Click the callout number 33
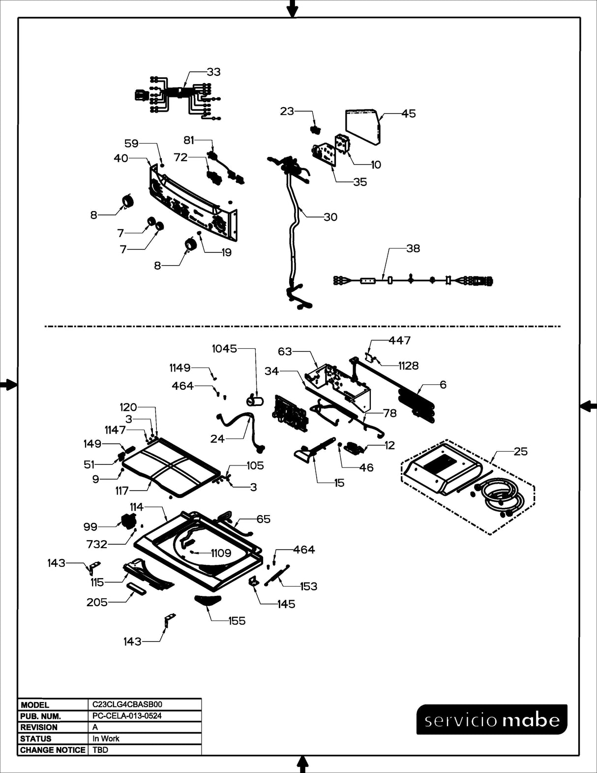(x=213, y=72)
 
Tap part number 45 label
(x=408, y=114)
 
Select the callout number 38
(x=413, y=248)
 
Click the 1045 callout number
(x=224, y=349)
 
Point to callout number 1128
(x=408, y=366)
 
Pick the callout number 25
(x=520, y=451)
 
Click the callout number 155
(x=237, y=621)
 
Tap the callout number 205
(x=97, y=602)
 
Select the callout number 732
(x=96, y=544)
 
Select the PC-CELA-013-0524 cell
(x=127, y=716)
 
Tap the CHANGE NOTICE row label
(x=53, y=750)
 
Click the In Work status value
(x=106, y=739)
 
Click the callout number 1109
(x=221, y=553)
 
